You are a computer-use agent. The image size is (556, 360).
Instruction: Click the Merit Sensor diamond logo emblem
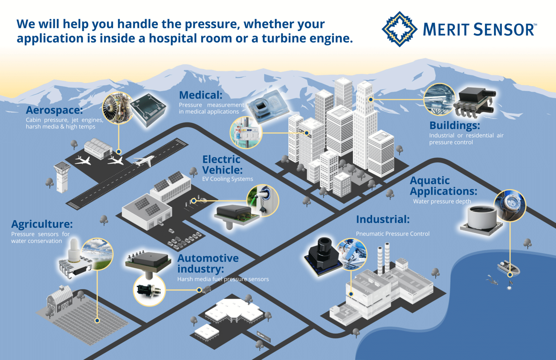(400, 29)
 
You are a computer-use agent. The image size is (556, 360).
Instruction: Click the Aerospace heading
(54, 110)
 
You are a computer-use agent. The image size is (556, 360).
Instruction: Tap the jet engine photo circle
(118, 108)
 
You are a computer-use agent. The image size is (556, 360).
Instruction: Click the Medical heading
(201, 95)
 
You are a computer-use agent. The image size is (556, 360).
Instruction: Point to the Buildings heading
(454, 125)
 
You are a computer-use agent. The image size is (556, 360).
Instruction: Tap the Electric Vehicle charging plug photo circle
(263, 200)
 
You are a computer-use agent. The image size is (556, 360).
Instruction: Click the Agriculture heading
(42, 224)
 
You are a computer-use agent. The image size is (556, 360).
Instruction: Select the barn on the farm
(59, 299)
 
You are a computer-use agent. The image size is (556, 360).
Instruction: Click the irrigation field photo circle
(97, 254)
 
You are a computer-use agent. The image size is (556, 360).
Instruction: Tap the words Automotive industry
(207, 263)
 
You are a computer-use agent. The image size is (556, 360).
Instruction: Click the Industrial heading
(383, 219)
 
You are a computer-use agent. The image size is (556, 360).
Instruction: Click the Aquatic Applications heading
(443, 186)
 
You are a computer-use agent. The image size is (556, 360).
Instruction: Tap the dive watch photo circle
(510, 205)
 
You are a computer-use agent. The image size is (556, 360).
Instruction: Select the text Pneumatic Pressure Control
(392, 234)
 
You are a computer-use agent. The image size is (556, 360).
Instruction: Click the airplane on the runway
(144, 160)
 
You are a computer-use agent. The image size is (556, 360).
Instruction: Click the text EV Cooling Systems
(227, 179)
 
